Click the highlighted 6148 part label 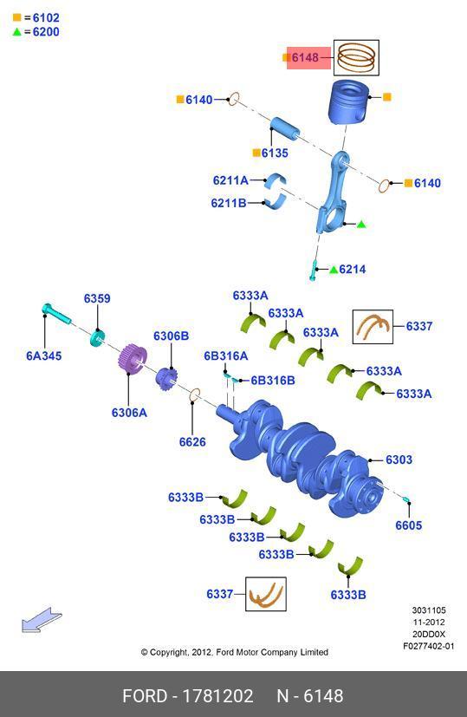(x=305, y=57)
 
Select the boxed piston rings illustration (x=356, y=57)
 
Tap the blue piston (x=348, y=102)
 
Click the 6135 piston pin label (x=275, y=153)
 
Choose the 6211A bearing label (x=230, y=180)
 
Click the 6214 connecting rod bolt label (x=353, y=270)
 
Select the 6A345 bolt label (x=44, y=355)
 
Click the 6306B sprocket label (x=171, y=336)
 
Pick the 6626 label (x=192, y=441)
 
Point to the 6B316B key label (x=273, y=381)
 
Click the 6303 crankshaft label (x=399, y=460)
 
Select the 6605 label (x=408, y=525)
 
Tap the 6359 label (x=97, y=298)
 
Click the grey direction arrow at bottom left (x=42, y=621)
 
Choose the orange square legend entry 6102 (x=36, y=18)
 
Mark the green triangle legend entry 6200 (x=36, y=31)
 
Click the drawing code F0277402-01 (x=429, y=646)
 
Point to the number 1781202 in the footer (x=217, y=696)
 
